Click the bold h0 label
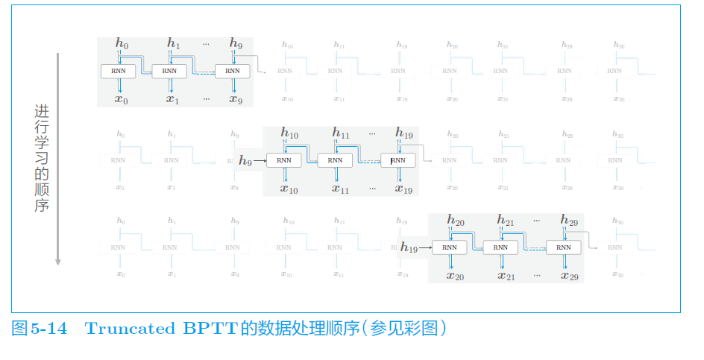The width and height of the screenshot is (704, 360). tap(122, 44)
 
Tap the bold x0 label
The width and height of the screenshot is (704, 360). tap(122, 99)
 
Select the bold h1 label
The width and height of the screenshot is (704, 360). tap(173, 44)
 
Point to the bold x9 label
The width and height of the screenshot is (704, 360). tap(236, 99)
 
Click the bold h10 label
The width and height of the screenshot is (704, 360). tap(289, 133)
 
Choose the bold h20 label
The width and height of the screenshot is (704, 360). tap(455, 221)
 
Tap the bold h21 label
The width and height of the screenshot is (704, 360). tap(506, 221)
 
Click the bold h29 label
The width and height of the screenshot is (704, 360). tap(569, 221)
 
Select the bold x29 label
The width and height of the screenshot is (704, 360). tap(569, 276)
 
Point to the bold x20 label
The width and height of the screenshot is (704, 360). tap(455, 276)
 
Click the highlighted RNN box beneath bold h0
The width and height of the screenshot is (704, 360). tap(119, 72)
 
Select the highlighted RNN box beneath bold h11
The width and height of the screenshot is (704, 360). tap(336, 160)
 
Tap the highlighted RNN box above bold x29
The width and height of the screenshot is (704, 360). tap(564, 247)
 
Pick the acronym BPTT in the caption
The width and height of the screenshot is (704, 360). tap(207, 328)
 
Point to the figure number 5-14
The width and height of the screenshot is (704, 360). tap(49, 328)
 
